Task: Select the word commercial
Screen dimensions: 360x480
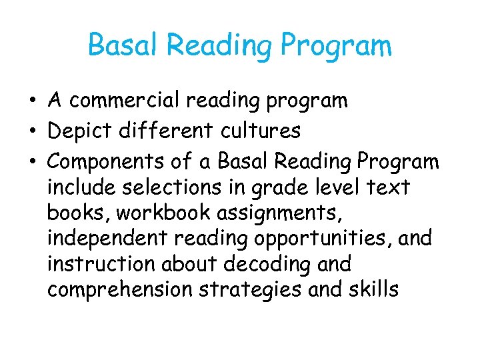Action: pos(125,101)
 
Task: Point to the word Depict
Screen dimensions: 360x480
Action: pos(80,131)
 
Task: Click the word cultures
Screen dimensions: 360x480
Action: pos(265,131)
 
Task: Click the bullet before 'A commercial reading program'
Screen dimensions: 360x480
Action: pos(32,101)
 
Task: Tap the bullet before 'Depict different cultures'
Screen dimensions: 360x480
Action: pos(32,131)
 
